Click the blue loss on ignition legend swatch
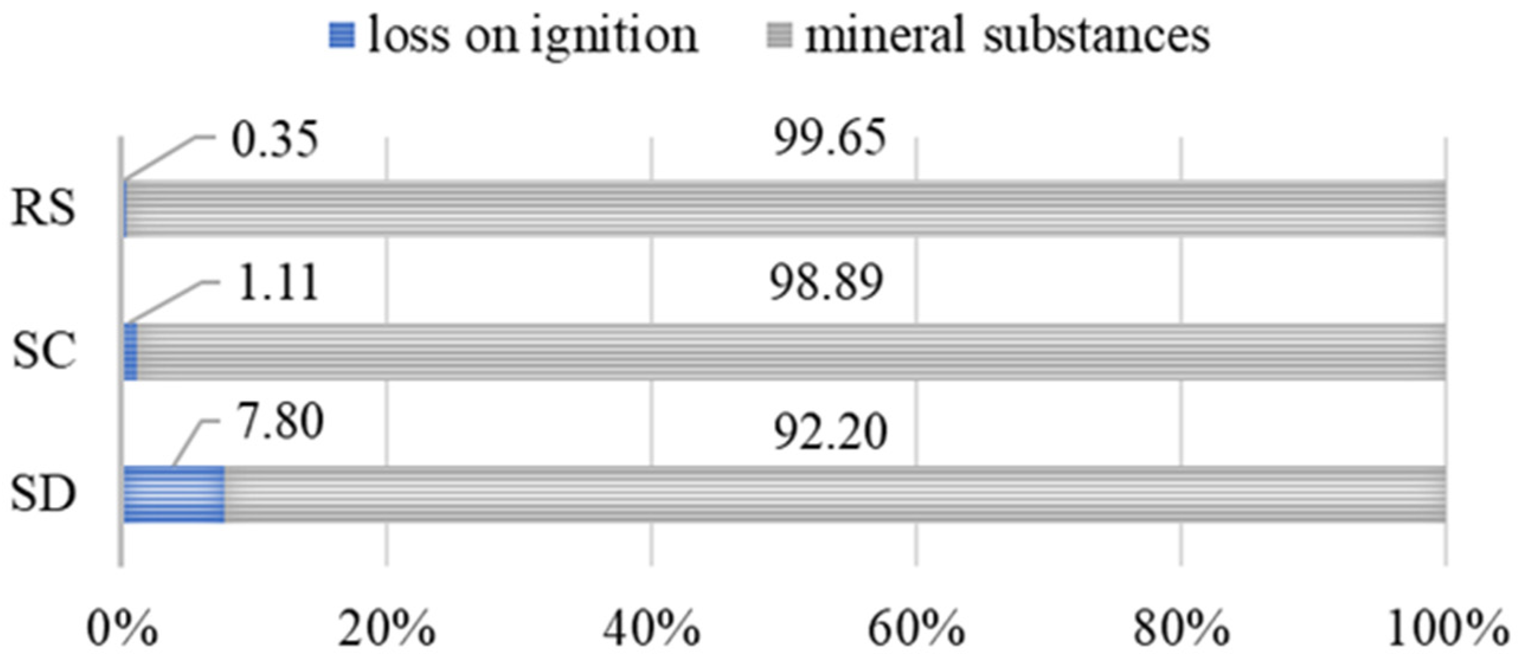click(342, 35)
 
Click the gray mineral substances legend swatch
click(780, 35)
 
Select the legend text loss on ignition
click(533, 36)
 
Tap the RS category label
click(44, 208)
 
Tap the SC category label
click(44, 351)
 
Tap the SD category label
click(44, 493)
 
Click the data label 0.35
click(275, 141)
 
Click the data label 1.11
click(278, 283)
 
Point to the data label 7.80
click(280, 422)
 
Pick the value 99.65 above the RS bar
click(830, 138)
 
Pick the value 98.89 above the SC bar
click(827, 283)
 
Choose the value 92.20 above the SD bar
click(831, 433)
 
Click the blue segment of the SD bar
click(174, 494)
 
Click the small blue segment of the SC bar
click(131, 351)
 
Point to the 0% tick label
click(122, 630)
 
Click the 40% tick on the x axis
click(651, 630)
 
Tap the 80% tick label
click(1181, 630)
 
